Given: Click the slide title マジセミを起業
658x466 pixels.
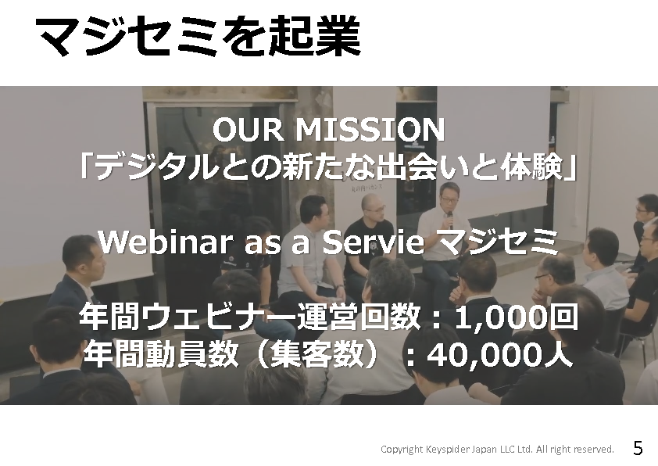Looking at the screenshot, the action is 198,36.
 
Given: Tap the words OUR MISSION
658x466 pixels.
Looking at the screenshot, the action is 328,130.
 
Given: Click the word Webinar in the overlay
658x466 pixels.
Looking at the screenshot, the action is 166,242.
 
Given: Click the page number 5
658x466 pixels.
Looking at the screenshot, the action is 638,448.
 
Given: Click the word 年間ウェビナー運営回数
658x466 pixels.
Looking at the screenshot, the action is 250,317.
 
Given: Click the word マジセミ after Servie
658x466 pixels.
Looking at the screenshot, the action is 496,242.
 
